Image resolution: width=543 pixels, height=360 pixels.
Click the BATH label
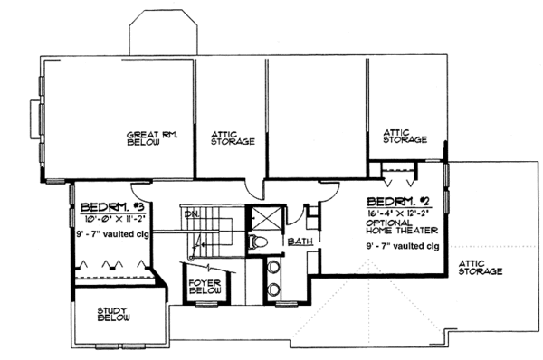coord(300,242)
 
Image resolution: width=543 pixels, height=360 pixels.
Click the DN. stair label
coord(192,214)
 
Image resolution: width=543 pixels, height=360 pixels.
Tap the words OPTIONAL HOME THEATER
coord(404,228)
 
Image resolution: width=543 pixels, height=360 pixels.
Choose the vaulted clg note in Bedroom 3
coord(112,232)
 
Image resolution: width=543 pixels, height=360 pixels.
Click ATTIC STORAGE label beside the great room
coord(232,137)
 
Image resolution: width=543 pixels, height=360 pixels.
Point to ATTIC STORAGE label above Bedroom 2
coord(405,136)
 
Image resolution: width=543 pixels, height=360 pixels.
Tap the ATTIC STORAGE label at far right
coord(481,267)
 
